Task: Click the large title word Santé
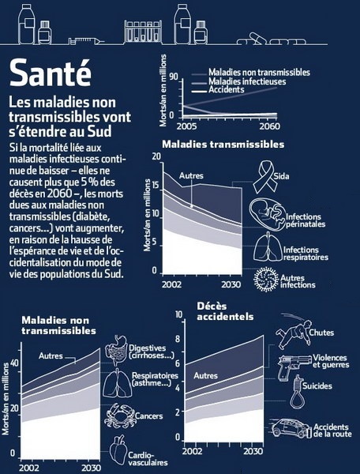point(51,73)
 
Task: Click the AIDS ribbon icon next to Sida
point(262,177)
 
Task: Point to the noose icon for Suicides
point(297,392)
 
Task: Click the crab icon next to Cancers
point(119,416)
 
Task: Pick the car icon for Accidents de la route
point(291,428)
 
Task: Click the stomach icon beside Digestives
point(116,351)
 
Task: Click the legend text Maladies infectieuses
point(247,81)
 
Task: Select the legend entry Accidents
point(227,89)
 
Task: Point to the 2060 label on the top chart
point(269,126)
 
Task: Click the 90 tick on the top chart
point(174,77)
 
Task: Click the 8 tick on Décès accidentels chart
point(178,339)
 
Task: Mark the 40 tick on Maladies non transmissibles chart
point(14,363)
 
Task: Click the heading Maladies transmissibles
point(223,145)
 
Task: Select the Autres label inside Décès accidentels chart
point(206,376)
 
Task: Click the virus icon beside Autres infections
point(266,280)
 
